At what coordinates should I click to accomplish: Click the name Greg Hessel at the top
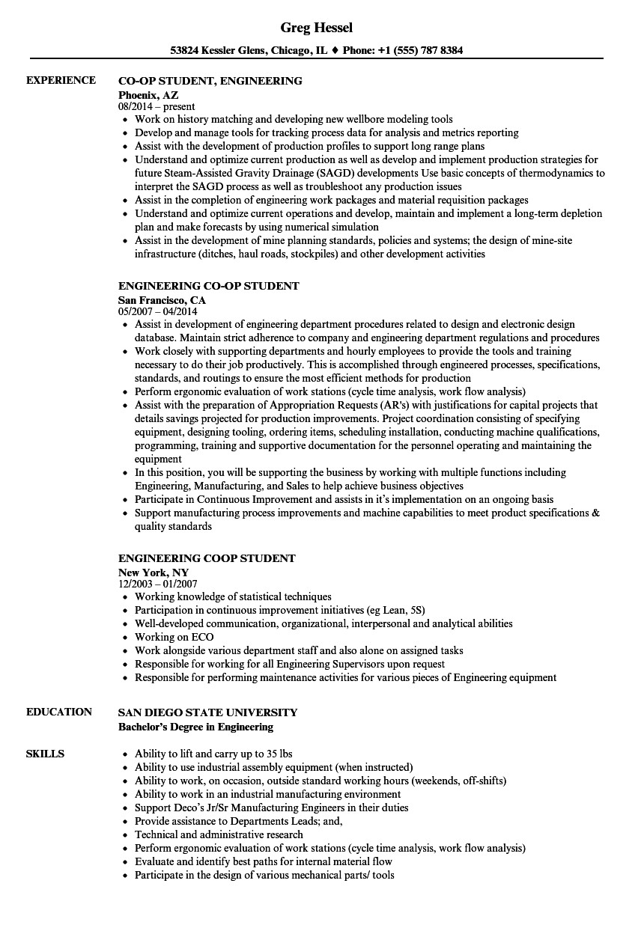[316, 28]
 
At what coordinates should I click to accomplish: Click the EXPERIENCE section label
[61, 80]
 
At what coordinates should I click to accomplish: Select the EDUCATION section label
[59, 712]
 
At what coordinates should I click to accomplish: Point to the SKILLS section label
[45, 754]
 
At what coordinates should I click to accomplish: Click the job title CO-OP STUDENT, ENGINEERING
[210, 80]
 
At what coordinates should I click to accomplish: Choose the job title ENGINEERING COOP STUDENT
[207, 558]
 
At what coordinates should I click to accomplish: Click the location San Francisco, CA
[162, 300]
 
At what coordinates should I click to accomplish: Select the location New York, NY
[153, 573]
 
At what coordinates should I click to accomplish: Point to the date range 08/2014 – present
[157, 107]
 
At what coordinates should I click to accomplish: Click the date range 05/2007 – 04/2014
[158, 311]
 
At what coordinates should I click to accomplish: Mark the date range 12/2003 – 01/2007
[158, 584]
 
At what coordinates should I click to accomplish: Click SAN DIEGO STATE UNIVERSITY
[208, 712]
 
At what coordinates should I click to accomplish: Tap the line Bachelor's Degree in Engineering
[195, 727]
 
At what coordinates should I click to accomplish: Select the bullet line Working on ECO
[174, 637]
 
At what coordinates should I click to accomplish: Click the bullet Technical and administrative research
[219, 834]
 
